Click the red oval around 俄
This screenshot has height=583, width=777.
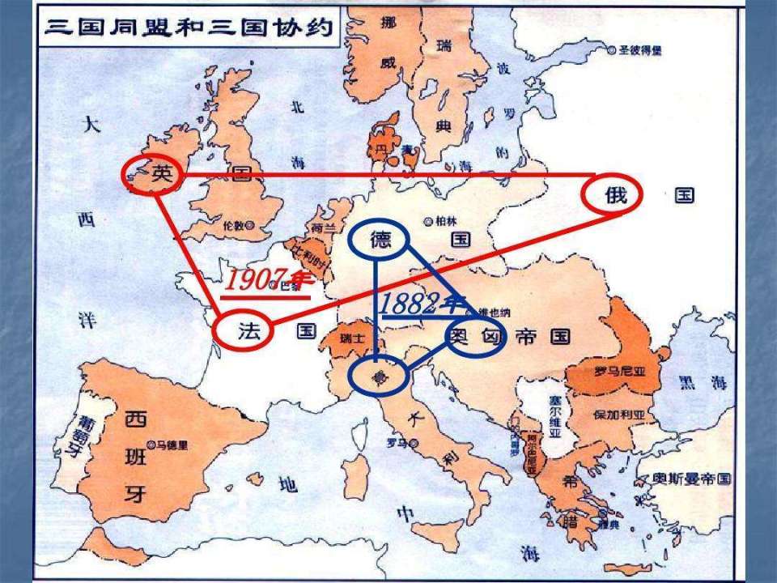click(x=612, y=195)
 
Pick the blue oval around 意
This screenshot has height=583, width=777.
click(x=377, y=376)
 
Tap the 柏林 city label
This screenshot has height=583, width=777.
click(x=440, y=221)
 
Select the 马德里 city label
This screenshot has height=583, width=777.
click(x=172, y=445)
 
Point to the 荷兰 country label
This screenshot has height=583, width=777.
click(x=322, y=228)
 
